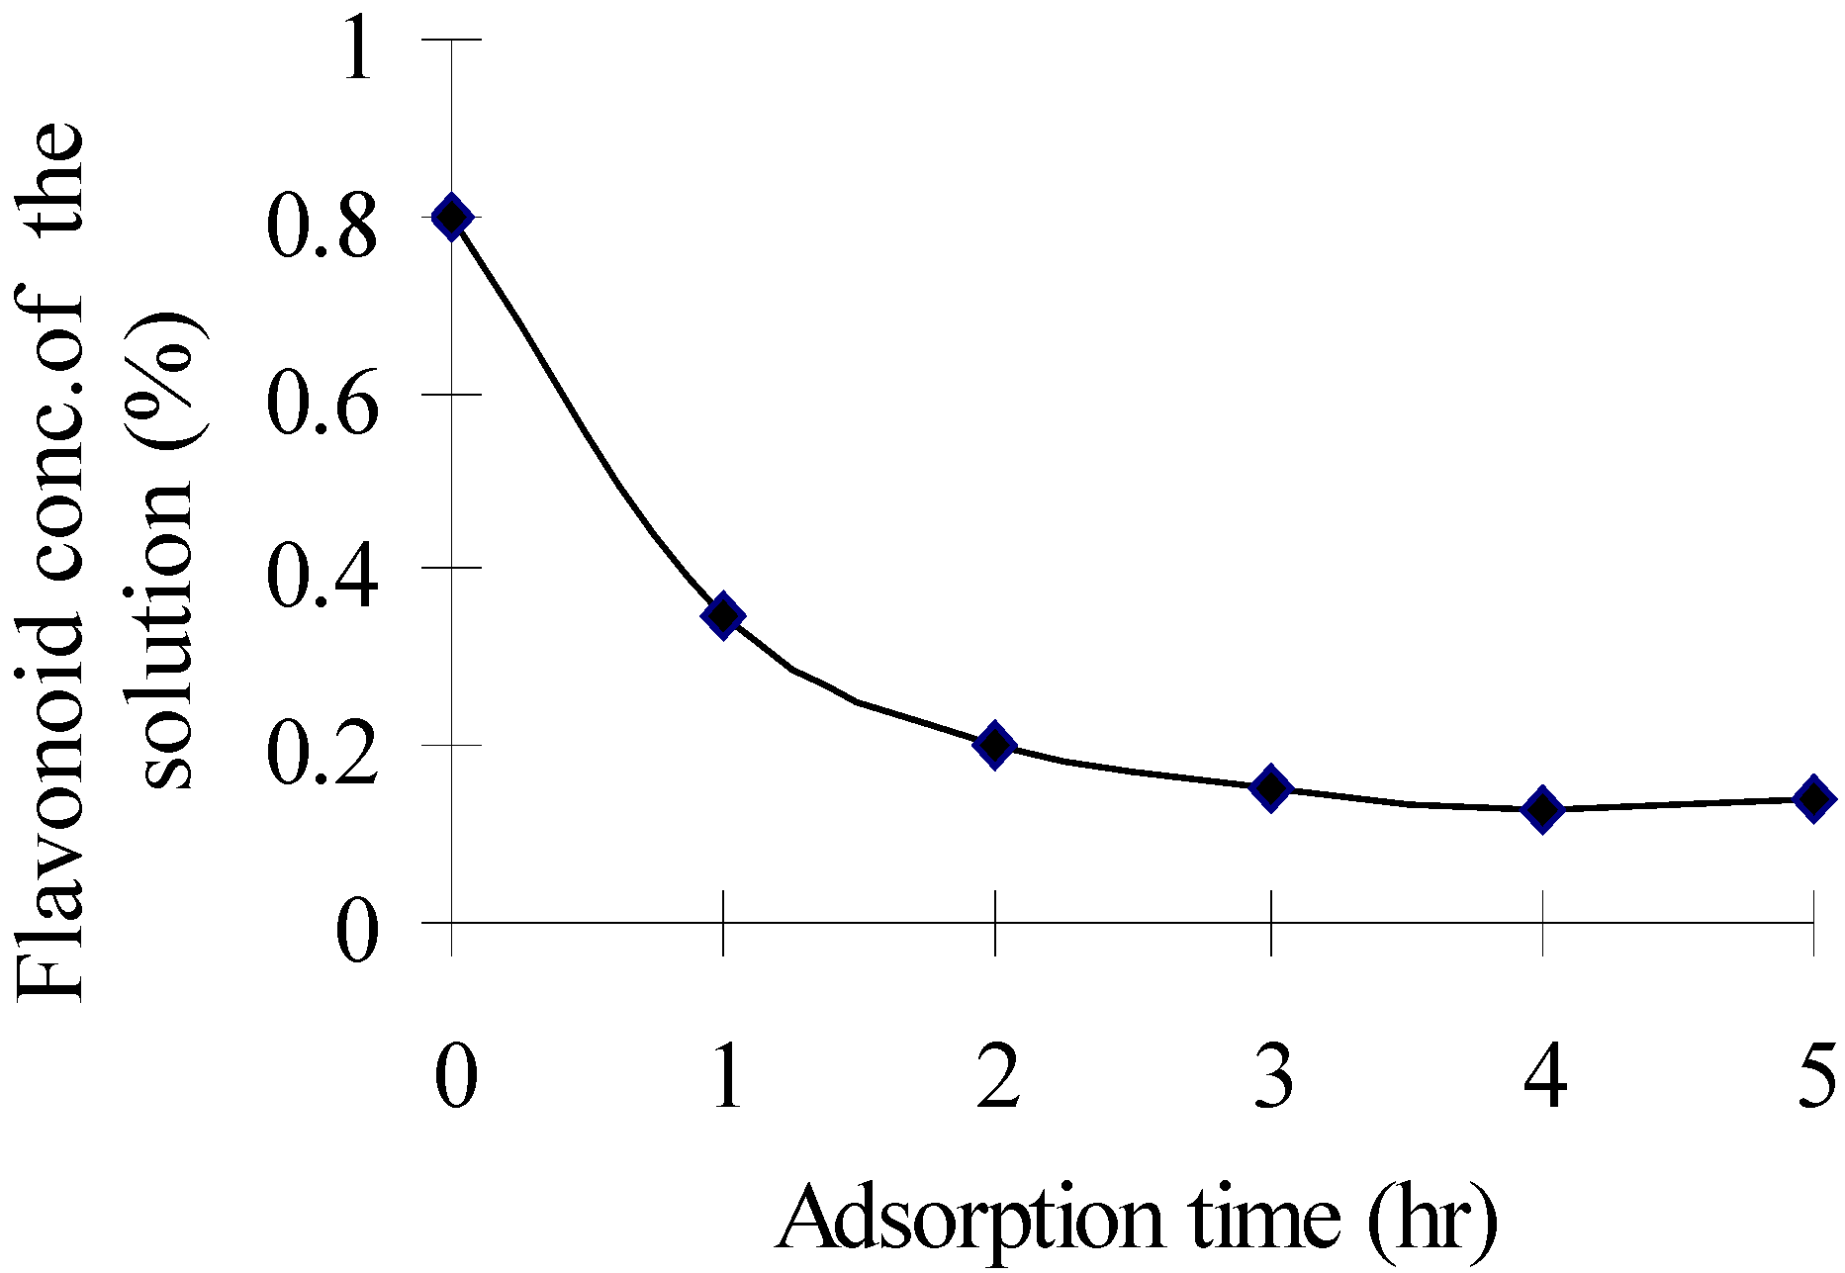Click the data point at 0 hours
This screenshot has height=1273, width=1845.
[452, 217]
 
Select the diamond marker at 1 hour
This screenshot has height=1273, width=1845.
[723, 615]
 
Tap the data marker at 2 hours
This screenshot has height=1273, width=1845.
[995, 744]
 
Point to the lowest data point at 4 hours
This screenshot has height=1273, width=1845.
[1541, 809]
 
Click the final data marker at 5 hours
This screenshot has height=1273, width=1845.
[1813, 797]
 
